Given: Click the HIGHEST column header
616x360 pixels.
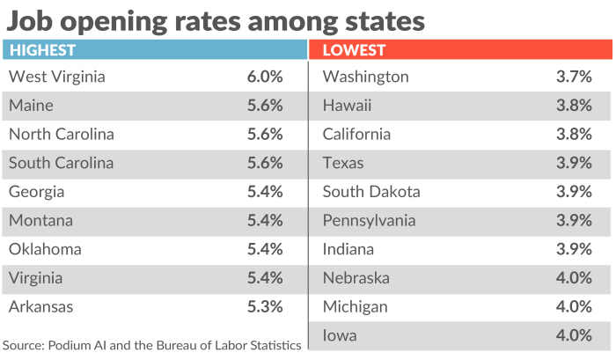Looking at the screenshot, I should coord(42,50).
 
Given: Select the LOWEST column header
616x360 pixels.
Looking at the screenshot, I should coord(354,50).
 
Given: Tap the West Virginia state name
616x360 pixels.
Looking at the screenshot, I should coord(56,77).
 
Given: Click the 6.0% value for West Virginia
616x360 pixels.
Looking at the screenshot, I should coord(265,77).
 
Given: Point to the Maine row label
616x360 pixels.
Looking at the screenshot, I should coord(31,106).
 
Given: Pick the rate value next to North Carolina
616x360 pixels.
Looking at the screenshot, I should coord(265,135).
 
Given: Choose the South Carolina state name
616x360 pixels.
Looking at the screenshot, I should coord(61,163).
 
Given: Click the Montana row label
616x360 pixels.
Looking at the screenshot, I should coord(40,221).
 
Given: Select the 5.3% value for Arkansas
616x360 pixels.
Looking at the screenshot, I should coord(265,307).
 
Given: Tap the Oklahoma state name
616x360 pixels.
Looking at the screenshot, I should coord(45,249).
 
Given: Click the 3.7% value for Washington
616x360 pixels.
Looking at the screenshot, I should coord(574,77).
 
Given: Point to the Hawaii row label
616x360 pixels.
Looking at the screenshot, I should coord(347,106).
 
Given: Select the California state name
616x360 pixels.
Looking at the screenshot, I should coord(356,135).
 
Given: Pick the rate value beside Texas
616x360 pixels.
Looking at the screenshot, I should coord(574,163).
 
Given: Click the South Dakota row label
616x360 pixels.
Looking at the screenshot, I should coord(371,192).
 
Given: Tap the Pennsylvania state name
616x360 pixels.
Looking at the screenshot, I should coord(369,221).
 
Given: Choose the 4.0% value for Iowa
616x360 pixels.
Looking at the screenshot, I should coord(574,335).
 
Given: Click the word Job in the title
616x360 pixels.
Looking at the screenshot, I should coord(31,19).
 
